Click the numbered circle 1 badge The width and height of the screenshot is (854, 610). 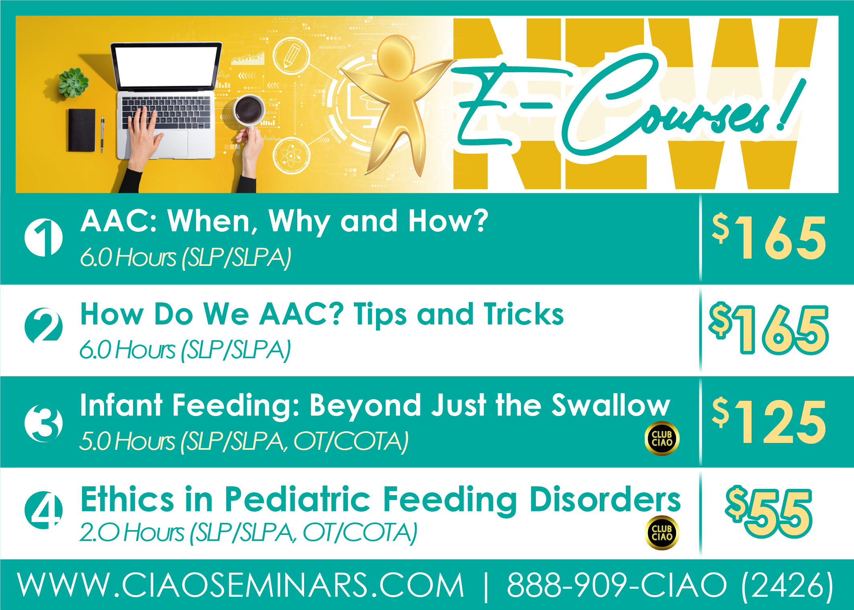click(43, 237)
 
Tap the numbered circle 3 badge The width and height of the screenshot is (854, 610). click(43, 423)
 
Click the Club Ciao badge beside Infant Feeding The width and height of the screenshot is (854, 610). click(662, 439)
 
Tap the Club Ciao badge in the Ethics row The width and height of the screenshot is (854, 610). click(662, 532)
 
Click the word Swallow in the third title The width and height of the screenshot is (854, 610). click(611, 406)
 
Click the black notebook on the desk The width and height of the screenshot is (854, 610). click(82, 130)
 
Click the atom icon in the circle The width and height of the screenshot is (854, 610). click(291, 155)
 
